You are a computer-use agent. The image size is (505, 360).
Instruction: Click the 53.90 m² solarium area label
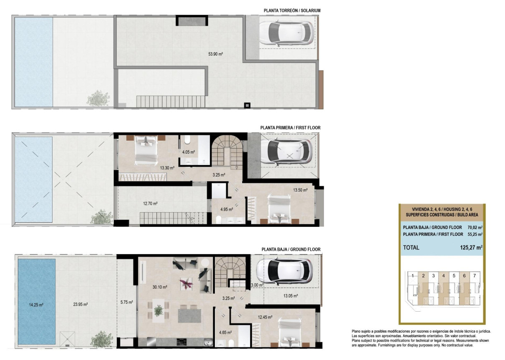click(215, 54)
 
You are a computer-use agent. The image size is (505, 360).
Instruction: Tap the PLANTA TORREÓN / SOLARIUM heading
click(292, 10)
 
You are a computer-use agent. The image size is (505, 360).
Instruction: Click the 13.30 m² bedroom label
click(167, 168)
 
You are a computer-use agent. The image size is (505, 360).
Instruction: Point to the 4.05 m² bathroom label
click(189, 152)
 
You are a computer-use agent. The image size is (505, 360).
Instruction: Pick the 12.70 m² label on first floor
click(150, 203)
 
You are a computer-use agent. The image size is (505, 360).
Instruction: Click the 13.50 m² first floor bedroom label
click(300, 190)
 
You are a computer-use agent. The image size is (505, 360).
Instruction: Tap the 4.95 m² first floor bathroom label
click(226, 209)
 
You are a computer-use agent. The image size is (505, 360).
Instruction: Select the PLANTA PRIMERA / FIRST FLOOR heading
click(290, 128)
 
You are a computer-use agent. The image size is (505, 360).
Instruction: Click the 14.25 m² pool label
click(36, 305)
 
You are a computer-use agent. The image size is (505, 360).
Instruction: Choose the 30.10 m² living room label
click(159, 287)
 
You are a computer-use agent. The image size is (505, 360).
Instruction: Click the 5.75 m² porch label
click(126, 302)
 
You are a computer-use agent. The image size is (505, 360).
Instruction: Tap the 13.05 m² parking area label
click(290, 296)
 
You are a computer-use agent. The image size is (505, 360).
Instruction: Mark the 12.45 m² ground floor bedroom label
click(265, 317)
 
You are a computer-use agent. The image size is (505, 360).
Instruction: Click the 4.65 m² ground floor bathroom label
click(225, 332)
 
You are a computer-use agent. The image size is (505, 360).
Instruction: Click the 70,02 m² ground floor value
click(475, 227)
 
